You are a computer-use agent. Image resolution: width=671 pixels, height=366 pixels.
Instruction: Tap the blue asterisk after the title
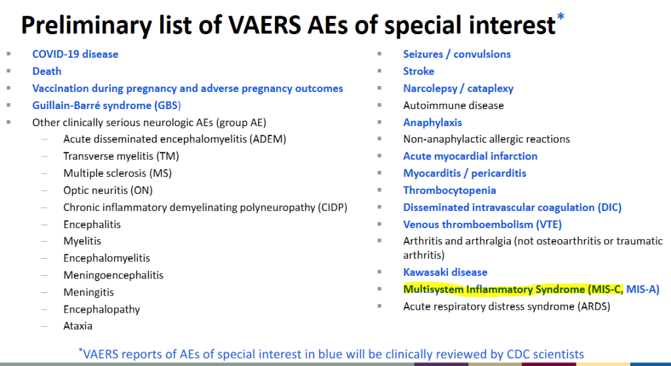[x=561, y=17]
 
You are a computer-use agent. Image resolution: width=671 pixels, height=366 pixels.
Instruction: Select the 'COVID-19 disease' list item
[x=75, y=54]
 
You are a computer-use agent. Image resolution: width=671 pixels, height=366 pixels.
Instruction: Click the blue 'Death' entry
[x=47, y=71]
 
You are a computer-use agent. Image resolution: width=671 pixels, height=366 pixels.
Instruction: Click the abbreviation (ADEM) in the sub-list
[x=268, y=139]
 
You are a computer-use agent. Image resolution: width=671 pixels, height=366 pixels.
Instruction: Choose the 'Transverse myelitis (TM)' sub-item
[x=121, y=156]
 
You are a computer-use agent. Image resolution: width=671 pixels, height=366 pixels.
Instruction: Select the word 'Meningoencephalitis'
[x=113, y=275]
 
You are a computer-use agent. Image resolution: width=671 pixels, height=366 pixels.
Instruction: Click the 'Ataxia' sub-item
[x=78, y=326]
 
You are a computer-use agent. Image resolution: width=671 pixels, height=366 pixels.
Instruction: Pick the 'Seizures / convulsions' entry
[x=457, y=54]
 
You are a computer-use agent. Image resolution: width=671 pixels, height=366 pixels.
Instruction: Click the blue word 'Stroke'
[x=418, y=71]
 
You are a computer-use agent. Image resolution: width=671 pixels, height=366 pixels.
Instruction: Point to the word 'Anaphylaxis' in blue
[x=433, y=123]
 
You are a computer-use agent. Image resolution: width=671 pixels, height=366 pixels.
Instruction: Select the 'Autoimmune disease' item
[x=454, y=105]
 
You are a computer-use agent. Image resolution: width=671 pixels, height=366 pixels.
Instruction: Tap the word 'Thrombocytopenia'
[x=450, y=191]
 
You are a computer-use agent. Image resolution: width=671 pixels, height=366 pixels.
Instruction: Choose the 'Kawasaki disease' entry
[x=445, y=272]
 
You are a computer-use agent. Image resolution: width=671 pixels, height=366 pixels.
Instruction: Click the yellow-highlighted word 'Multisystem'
[x=433, y=289]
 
